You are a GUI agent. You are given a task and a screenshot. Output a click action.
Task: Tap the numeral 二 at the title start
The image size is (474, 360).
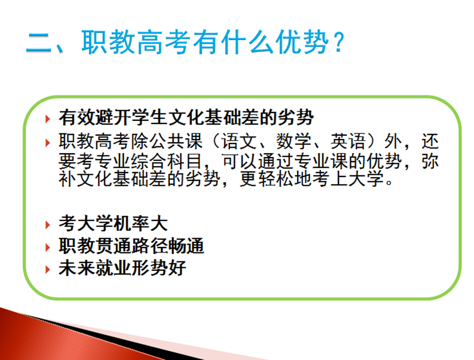tap(39, 42)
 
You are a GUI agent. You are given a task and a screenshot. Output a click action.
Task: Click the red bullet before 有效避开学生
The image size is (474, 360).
tap(47, 119)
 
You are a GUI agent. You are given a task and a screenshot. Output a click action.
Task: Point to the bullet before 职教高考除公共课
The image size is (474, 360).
tap(47, 143)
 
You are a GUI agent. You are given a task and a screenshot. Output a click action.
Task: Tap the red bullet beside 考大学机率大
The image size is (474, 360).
tap(47, 224)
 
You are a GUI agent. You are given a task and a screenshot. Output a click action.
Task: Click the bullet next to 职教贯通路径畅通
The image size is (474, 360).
tap(47, 247)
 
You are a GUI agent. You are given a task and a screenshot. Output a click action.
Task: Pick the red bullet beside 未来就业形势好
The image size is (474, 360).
tap(47, 270)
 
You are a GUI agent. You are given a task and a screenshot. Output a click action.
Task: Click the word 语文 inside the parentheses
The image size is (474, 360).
tap(239, 142)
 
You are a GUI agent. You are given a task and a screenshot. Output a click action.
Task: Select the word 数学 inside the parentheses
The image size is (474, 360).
tap(294, 142)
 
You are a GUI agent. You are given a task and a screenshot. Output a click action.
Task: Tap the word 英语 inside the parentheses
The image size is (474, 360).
tap(348, 142)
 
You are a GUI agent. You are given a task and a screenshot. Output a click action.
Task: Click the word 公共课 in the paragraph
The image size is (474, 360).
tap(176, 142)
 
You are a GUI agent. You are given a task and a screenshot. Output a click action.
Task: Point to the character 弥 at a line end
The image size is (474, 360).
tap(430, 161)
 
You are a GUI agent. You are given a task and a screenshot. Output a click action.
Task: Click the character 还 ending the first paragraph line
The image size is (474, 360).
tap(430, 142)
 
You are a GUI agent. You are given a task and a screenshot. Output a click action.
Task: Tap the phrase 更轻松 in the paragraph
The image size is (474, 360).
tap(267, 179)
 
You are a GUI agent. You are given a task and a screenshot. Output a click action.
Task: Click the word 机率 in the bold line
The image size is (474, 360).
tap(131, 224)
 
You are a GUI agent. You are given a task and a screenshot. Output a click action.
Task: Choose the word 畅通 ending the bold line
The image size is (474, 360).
tap(186, 246)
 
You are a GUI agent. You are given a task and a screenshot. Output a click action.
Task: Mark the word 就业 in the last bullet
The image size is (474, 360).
tap(113, 268)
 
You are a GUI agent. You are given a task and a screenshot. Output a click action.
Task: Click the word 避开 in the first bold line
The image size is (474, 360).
tap(113, 117)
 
